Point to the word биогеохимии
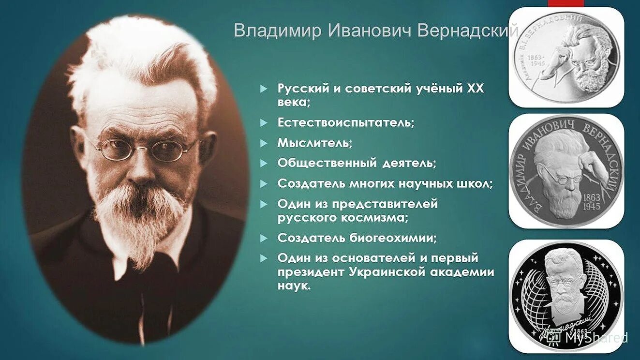393,238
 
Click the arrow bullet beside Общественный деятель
263,164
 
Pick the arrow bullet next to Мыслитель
263,143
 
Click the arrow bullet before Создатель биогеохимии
263,238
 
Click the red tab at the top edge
566,3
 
